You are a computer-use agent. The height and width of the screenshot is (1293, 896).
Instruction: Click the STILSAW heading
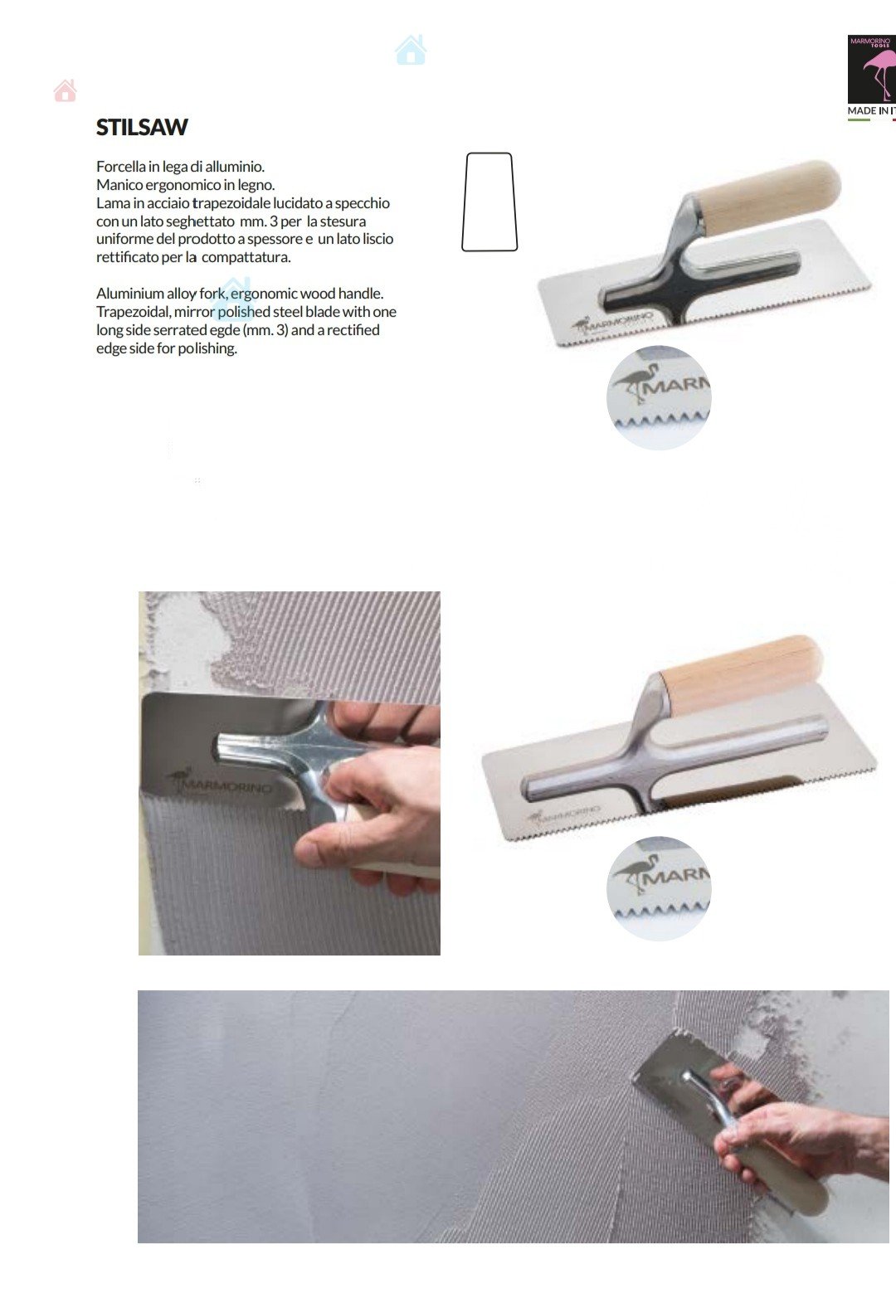click(142, 127)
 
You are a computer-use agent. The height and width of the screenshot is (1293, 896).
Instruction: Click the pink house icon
click(65, 90)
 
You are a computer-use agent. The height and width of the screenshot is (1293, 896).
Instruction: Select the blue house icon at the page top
click(411, 50)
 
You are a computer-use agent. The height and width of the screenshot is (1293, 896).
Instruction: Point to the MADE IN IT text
click(871, 110)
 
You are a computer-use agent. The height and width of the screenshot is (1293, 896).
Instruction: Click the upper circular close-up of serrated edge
click(659, 398)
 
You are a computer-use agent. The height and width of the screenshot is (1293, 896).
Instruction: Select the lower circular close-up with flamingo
click(659, 889)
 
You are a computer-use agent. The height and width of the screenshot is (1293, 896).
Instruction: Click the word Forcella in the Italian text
click(120, 166)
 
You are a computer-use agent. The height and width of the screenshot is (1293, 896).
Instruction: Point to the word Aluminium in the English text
click(130, 294)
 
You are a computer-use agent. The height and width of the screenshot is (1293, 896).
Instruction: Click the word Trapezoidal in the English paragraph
click(134, 312)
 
